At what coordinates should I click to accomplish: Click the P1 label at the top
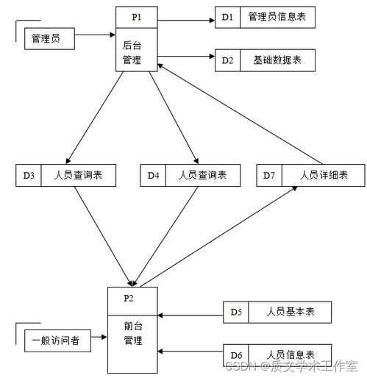[137, 17]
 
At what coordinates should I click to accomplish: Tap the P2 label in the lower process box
[129, 298]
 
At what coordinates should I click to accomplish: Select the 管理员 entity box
[49, 38]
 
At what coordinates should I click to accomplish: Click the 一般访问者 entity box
[57, 340]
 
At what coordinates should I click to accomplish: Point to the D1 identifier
[227, 17]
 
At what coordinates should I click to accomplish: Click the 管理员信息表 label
[277, 17]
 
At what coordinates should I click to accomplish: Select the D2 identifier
[227, 60]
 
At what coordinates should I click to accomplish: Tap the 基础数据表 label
[277, 60]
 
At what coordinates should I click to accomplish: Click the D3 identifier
[29, 175]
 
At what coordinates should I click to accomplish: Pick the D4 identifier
[153, 175]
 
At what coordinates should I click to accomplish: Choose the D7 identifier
[269, 175]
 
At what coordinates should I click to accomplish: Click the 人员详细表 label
[324, 175]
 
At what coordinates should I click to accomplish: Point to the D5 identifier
[236, 312]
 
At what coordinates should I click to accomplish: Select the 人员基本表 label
[291, 312]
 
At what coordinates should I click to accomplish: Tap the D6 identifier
[236, 355]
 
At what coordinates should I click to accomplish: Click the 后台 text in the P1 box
[132, 46]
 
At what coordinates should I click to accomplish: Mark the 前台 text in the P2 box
[133, 326]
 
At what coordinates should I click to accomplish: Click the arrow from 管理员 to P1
[95, 35]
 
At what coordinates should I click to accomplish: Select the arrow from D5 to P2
[190, 315]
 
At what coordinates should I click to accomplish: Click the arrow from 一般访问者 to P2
[99, 337]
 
